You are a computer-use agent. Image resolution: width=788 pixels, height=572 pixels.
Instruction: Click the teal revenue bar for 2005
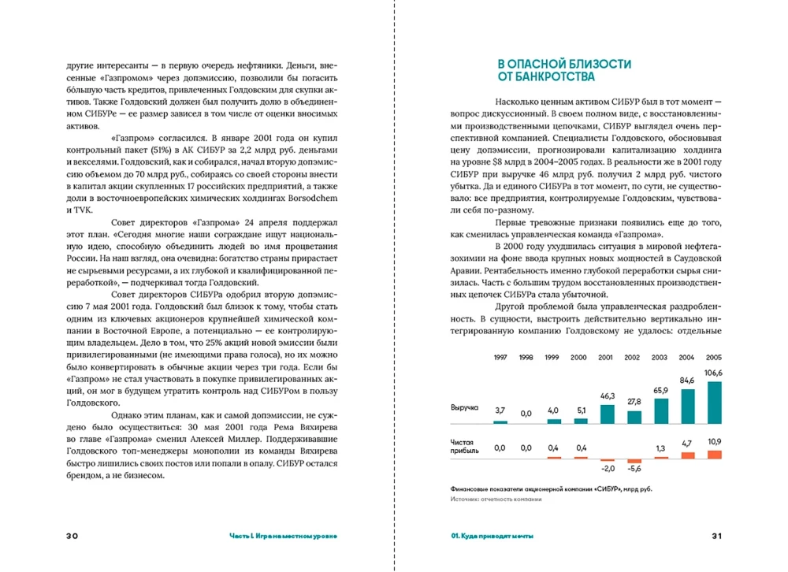714,403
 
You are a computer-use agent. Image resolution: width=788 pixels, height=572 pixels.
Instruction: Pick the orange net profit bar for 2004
687,455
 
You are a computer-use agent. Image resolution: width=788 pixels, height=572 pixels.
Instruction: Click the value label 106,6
714,373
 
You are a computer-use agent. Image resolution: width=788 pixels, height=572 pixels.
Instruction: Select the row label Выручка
465,408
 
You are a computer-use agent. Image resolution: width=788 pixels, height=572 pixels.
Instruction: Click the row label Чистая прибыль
464,448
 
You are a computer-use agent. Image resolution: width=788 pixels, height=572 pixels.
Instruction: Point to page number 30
72,536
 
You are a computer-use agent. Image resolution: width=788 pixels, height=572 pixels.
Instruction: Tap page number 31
716,536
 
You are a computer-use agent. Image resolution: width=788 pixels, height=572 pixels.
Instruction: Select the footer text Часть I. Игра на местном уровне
282,536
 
